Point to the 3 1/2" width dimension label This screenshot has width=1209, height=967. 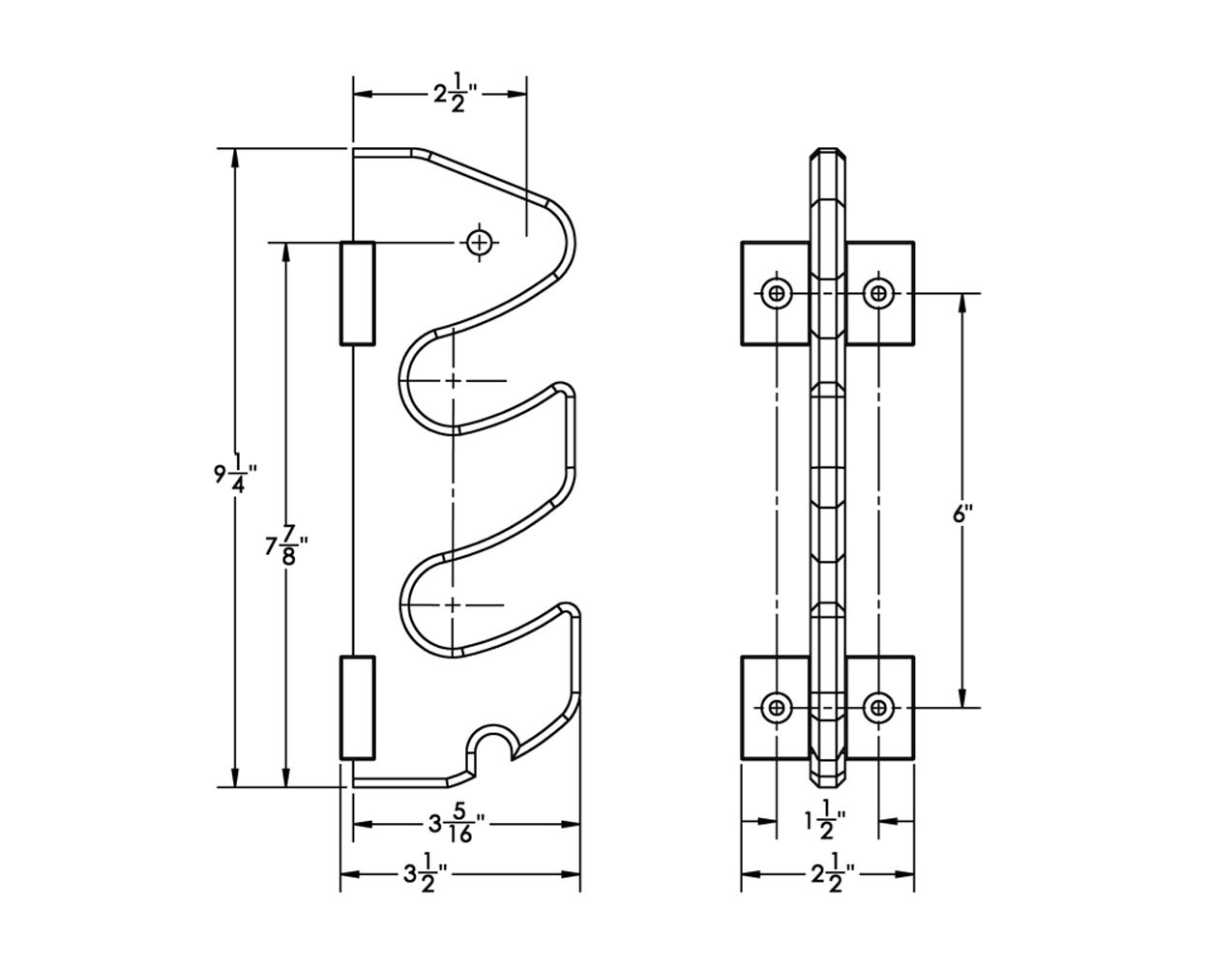425,875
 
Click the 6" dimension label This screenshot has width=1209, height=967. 962,513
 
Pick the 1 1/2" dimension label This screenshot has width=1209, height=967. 825,820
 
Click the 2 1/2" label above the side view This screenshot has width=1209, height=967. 456,93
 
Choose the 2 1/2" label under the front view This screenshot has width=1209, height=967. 833,875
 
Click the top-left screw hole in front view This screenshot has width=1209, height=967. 777,293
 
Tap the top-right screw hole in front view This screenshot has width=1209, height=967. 878,293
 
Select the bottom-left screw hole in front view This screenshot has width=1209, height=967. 777,708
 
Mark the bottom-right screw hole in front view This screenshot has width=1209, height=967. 878,708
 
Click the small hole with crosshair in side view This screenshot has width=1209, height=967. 479,243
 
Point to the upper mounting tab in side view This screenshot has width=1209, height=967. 357,293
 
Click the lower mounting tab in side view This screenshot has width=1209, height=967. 357,708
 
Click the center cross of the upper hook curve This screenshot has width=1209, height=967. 453,381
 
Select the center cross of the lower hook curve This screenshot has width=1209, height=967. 453,605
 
